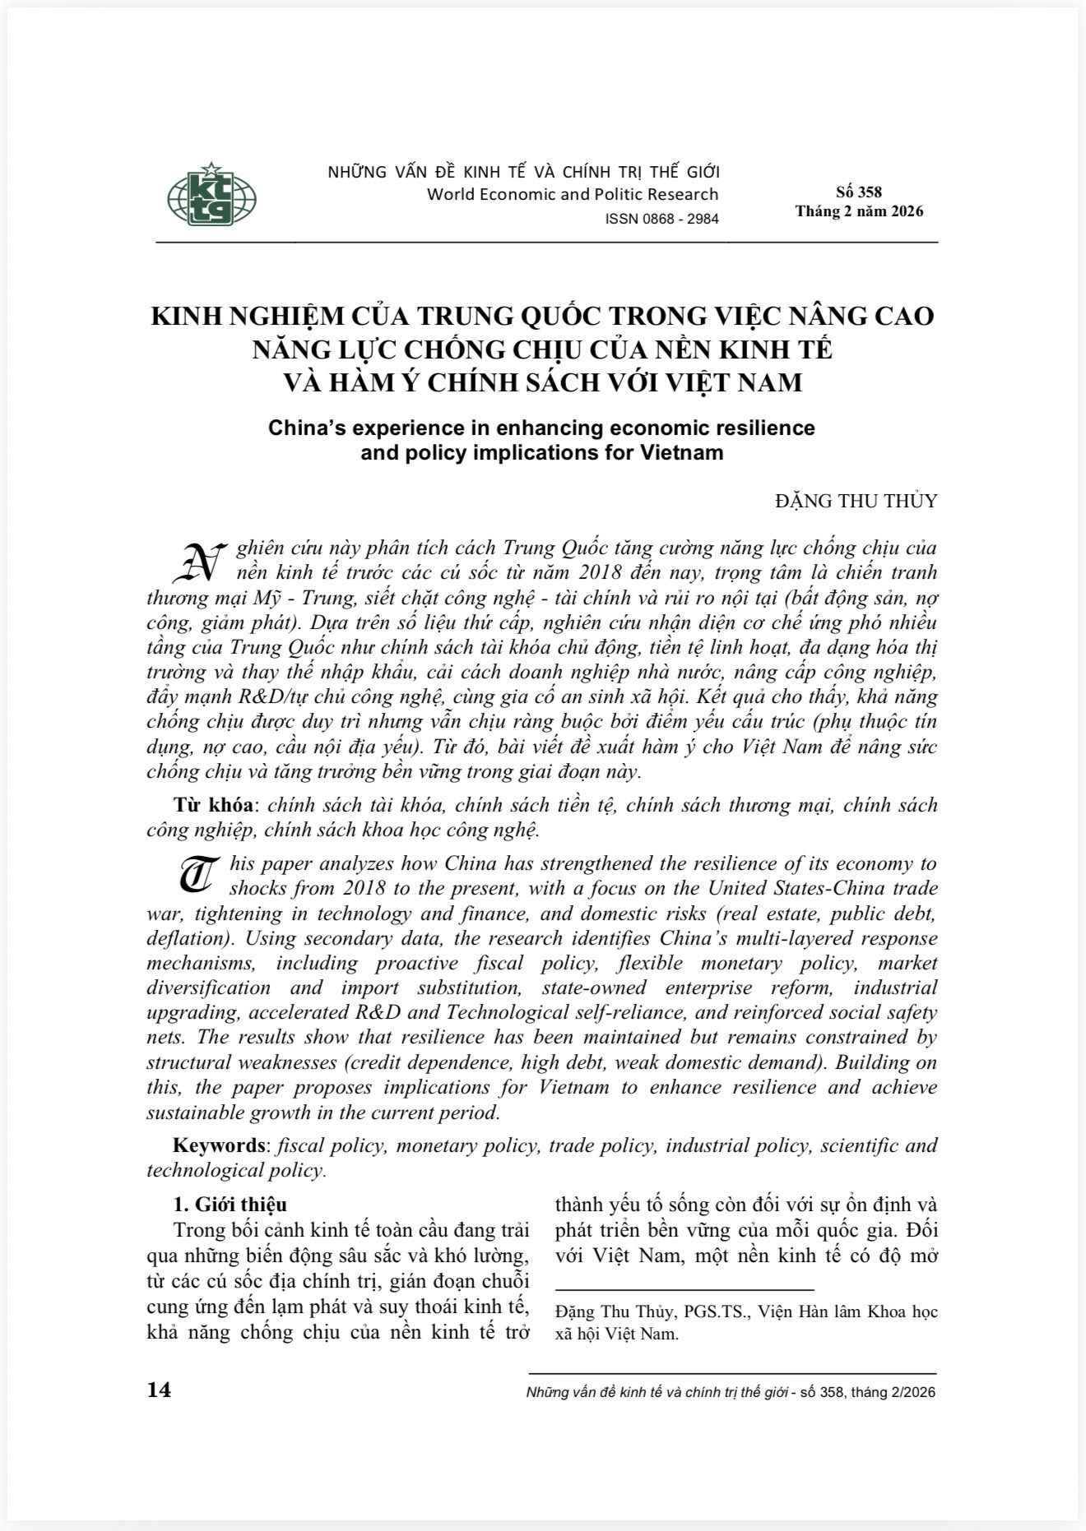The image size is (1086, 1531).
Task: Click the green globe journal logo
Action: click(x=212, y=195)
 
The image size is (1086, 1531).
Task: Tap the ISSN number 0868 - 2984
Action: click(x=661, y=219)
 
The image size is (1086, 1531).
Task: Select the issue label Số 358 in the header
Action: click(x=858, y=192)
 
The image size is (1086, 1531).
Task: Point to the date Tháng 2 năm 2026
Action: click(x=859, y=211)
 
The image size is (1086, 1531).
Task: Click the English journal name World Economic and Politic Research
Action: click(x=573, y=195)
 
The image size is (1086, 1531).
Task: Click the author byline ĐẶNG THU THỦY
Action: click(x=856, y=501)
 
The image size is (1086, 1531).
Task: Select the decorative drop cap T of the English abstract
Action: click(x=199, y=875)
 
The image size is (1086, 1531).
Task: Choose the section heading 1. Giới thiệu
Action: click(x=230, y=1205)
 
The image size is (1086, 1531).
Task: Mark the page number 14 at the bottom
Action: click(x=159, y=1390)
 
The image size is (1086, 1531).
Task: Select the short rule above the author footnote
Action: click(x=685, y=1292)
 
